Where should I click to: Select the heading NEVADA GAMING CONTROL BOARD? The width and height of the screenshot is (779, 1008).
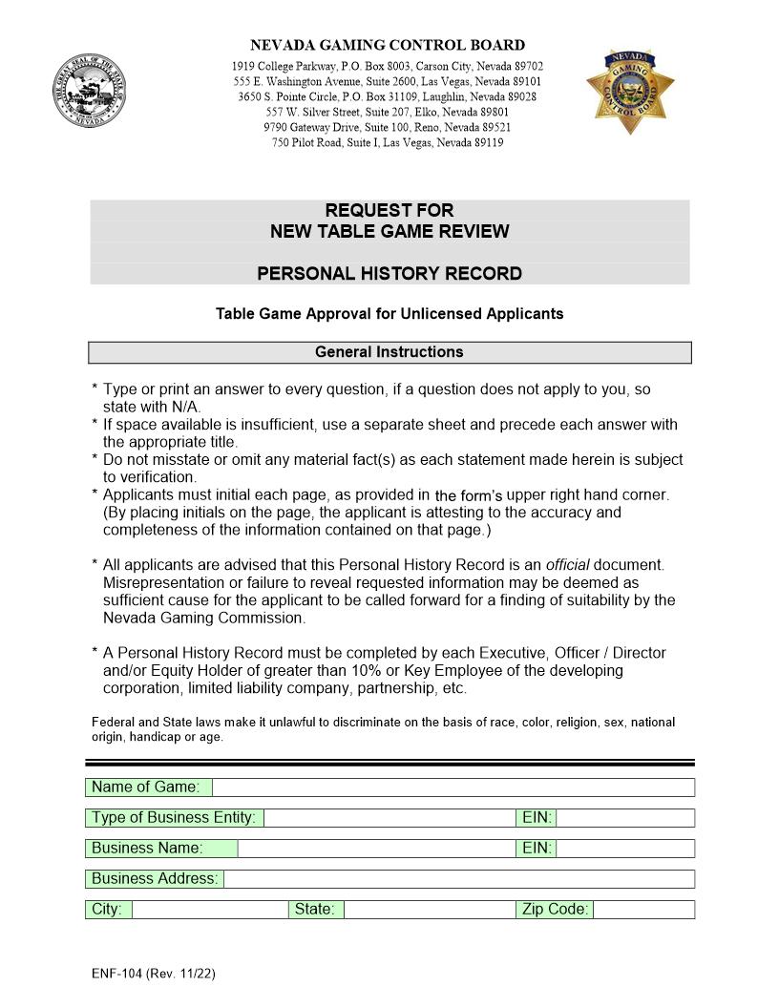click(388, 45)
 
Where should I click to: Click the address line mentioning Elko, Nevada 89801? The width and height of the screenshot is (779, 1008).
click(388, 112)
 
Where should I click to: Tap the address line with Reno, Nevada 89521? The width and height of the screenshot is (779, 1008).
click(388, 127)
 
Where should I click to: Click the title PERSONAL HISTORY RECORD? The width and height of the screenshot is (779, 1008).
click(389, 274)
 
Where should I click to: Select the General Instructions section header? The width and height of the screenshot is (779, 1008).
click(389, 352)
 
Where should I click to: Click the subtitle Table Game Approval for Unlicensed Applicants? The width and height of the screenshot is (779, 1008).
click(389, 313)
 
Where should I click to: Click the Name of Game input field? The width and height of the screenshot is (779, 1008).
click(453, 787)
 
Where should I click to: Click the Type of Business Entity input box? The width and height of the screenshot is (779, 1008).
click(389, 818)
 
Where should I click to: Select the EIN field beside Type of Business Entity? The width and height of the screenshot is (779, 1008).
click(625, 818)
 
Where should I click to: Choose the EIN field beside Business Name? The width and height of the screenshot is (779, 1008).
click(625, 849)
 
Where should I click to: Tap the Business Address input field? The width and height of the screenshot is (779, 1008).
click(458, 879)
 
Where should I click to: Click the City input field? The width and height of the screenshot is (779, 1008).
click(209, 910)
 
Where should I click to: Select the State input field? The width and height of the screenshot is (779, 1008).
click(429, 910)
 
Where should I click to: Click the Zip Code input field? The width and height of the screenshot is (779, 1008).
click(643, 910)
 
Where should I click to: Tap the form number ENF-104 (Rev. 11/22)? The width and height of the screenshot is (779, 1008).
click(154, 974)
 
